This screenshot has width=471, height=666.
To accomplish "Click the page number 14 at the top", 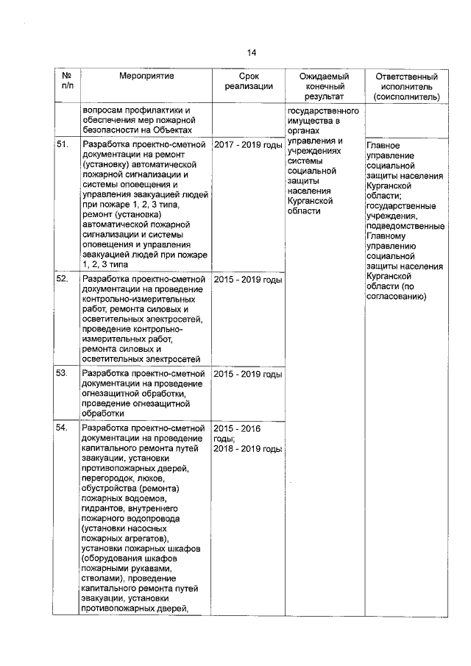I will click(x=251, y=53).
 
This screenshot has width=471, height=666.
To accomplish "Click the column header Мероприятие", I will click(x=146, y=77).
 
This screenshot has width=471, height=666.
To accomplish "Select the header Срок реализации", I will click(x=249, y=82).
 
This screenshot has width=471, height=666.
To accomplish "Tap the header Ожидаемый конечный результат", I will click(x=325, y=86).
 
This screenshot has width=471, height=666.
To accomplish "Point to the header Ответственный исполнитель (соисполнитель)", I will click(x=406, y=86).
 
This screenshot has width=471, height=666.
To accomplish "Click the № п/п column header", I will click(x=66, y=82).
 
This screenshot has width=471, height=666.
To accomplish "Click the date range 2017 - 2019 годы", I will click(x=248, y=145).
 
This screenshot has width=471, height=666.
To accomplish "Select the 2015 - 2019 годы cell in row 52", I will click(x=248, y=280).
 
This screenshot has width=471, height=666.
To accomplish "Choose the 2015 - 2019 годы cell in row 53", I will click(x=248, y=375).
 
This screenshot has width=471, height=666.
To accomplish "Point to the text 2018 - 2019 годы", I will click(x=248, y=449).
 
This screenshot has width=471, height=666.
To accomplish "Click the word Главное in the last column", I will click(x=383, y=146).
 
